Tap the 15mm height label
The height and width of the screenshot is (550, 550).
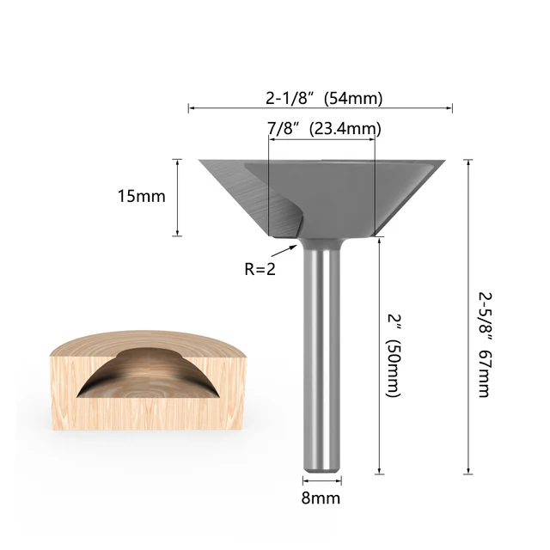(141, 196)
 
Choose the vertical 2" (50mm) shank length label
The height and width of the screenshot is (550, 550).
(393, 357)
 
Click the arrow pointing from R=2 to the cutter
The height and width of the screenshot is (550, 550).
(283, 250)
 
